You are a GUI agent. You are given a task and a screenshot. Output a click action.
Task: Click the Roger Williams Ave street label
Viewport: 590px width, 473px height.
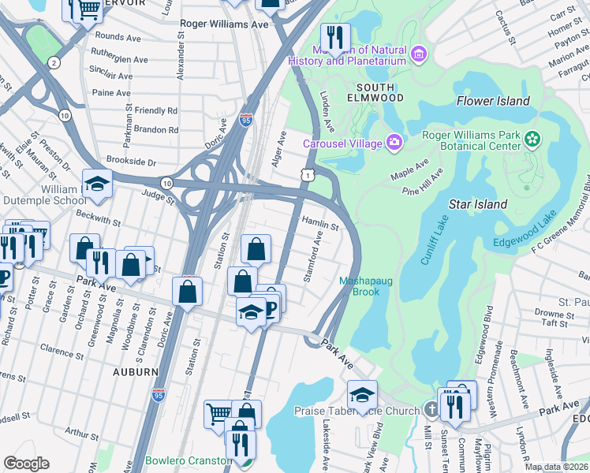224,24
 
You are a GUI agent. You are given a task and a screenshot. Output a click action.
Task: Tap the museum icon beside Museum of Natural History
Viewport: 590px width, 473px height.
419,54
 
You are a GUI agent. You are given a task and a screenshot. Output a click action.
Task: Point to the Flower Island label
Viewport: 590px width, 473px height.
493,101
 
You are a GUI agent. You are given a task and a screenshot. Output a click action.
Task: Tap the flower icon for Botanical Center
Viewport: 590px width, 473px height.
534,140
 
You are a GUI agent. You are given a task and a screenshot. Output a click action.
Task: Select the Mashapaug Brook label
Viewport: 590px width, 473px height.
359,286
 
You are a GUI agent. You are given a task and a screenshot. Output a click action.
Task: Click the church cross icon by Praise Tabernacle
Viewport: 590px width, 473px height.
431,410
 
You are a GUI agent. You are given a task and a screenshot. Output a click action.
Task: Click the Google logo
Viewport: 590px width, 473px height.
26,464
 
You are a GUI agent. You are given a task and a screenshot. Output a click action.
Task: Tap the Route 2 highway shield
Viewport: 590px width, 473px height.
54,62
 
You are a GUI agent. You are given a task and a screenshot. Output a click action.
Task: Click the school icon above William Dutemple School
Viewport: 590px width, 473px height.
96,184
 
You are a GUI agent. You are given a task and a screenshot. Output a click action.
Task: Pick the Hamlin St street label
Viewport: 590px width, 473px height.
320,224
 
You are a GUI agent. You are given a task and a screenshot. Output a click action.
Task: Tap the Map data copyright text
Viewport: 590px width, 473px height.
556,467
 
